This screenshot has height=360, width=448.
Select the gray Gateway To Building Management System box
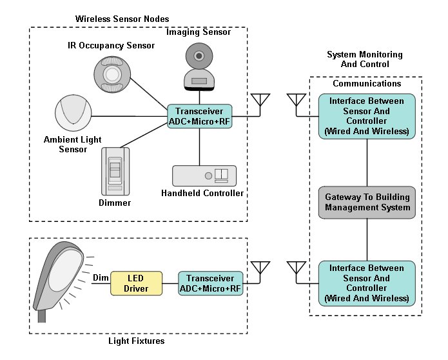[x=367, y=203]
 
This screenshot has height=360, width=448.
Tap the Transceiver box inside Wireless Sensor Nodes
[x=199, y=116]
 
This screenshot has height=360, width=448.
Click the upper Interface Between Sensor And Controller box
[x=367, y=116]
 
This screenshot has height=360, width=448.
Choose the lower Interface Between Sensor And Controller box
[x=367, y=283]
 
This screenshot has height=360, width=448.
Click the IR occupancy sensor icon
[x=112, y=75]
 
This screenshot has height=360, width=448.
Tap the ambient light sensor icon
[x=72, y=112]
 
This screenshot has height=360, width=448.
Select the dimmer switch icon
[x=115, y=172]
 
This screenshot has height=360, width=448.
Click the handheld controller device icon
[x=204, y=176]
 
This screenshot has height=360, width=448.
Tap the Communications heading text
[x=367, y=84]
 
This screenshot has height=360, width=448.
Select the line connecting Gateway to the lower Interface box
[x=367, y=239]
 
